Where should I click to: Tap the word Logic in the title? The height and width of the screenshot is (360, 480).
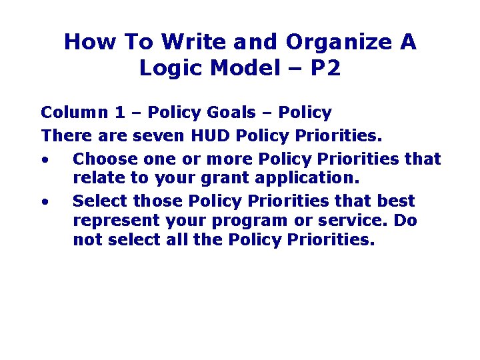coord(167,67)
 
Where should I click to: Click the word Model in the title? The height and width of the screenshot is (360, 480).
coord(239,67)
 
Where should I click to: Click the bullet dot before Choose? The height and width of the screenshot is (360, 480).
coord(44,160)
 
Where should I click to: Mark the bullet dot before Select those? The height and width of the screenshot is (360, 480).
coord(44,201)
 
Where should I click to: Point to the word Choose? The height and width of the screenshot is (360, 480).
coord(101,159)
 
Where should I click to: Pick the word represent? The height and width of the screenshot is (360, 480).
coord(111,221)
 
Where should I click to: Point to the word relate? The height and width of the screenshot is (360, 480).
coord(95,179)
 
